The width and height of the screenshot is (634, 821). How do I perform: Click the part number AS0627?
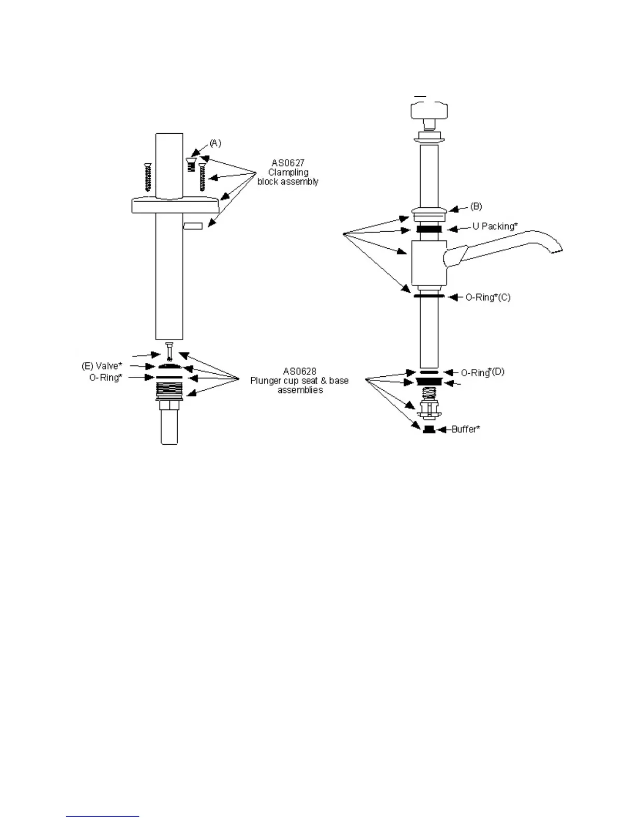click(288, 163)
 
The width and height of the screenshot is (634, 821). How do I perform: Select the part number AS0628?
click(299, 372)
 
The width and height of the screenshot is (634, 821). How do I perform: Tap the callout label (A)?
click(215, 143)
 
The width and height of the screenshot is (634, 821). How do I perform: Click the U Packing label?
click(495, 227)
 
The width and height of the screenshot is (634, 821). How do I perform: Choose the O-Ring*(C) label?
click(487, 298)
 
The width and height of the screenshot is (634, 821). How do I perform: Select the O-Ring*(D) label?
click(482, 372)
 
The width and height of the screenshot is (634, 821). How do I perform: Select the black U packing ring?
click(429, 229)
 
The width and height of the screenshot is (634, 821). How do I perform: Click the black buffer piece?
click(428, 429)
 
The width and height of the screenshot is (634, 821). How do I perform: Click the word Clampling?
click(288, 173)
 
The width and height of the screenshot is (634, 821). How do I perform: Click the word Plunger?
click(266, 381)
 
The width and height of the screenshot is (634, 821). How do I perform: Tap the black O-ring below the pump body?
click(429, 296)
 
